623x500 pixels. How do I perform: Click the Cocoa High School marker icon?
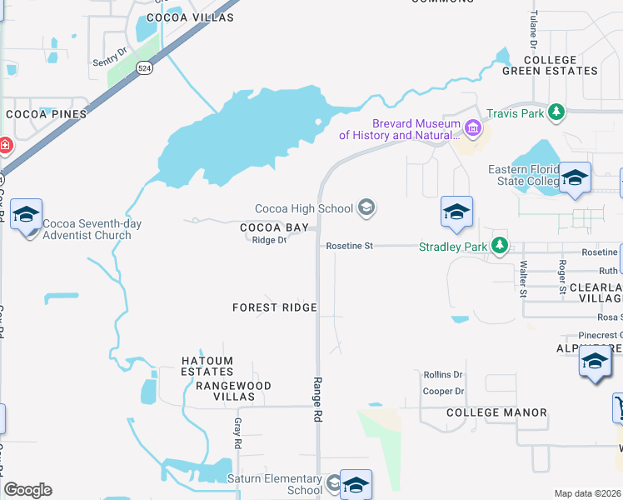click(366, 207)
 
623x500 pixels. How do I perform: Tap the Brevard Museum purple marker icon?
click(473, 128)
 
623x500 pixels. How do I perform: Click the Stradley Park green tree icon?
click(499, 246)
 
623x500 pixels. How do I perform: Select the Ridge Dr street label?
click(269, 240)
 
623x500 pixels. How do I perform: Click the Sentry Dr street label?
click(110, 52)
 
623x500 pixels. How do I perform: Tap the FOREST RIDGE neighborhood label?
click(275, 307)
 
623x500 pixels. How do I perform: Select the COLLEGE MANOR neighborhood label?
click(496, 412)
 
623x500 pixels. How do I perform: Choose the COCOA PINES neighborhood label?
click(42, 113)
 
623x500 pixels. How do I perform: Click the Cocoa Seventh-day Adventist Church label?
click(87, 229)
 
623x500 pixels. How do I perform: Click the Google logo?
click(27, 490)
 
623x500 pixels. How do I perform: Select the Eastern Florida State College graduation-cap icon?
click(575, 177)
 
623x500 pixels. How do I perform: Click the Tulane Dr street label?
click(534, 30)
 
